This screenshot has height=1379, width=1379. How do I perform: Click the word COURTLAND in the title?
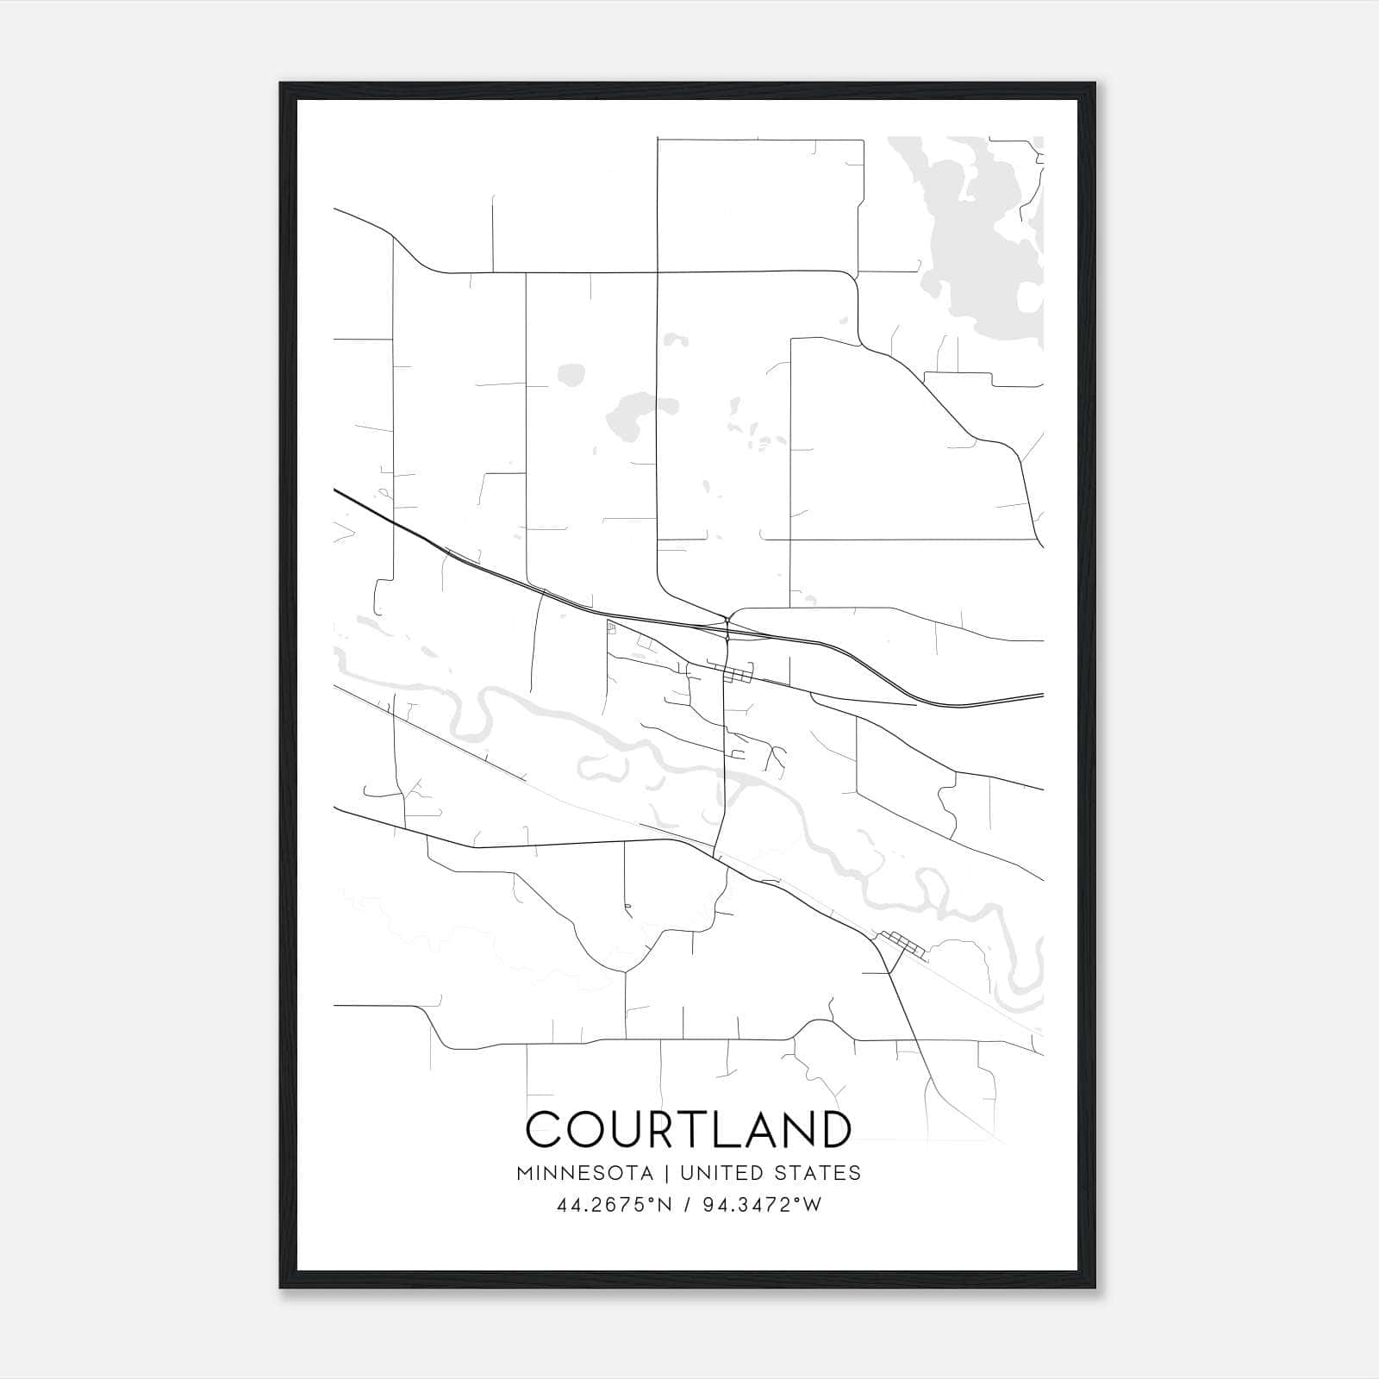[x=689, y=1129]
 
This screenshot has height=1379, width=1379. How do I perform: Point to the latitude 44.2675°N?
[x=614, y=1206]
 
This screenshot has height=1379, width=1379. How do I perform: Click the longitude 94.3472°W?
[x=762, y=1206]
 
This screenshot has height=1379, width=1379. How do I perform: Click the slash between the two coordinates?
[x=686, y=1206]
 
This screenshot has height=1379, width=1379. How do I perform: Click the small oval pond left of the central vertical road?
[x=570, y=374]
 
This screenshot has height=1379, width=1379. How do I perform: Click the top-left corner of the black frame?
[x=281, y=84]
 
